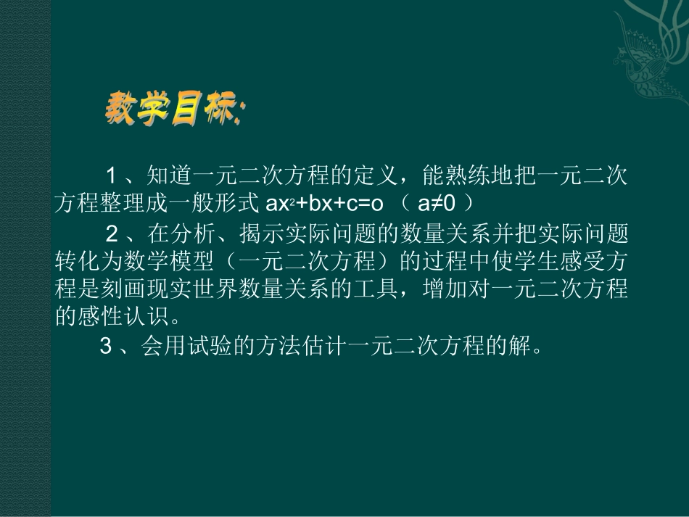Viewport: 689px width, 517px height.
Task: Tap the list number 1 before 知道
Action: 112,175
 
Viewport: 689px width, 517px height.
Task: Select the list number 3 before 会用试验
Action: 106,347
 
